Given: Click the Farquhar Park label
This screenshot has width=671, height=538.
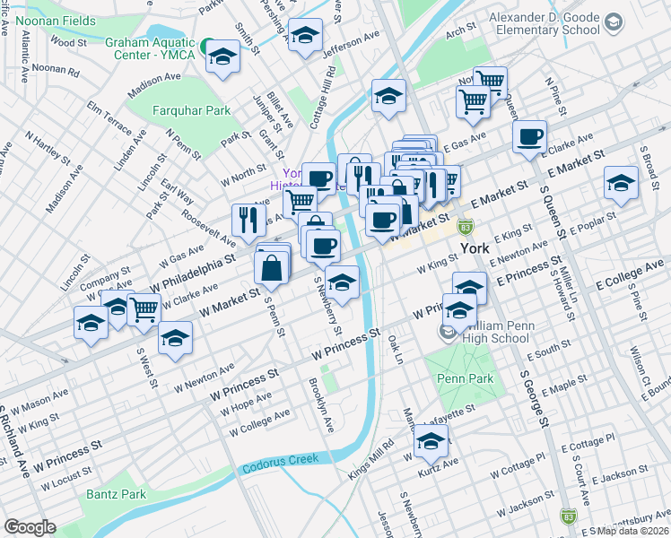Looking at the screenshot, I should (190, 111).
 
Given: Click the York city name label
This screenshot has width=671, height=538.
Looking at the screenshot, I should (473, 249).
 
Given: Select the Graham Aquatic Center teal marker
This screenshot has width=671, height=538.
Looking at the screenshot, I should (206, 45).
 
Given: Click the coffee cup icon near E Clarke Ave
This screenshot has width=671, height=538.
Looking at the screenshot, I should (530, 136).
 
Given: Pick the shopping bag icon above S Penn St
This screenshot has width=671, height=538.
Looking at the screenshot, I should (272, 265).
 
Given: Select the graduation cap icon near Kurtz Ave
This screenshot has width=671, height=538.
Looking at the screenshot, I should (431, 440).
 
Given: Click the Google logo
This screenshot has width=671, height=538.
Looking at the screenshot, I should (30, 527).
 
